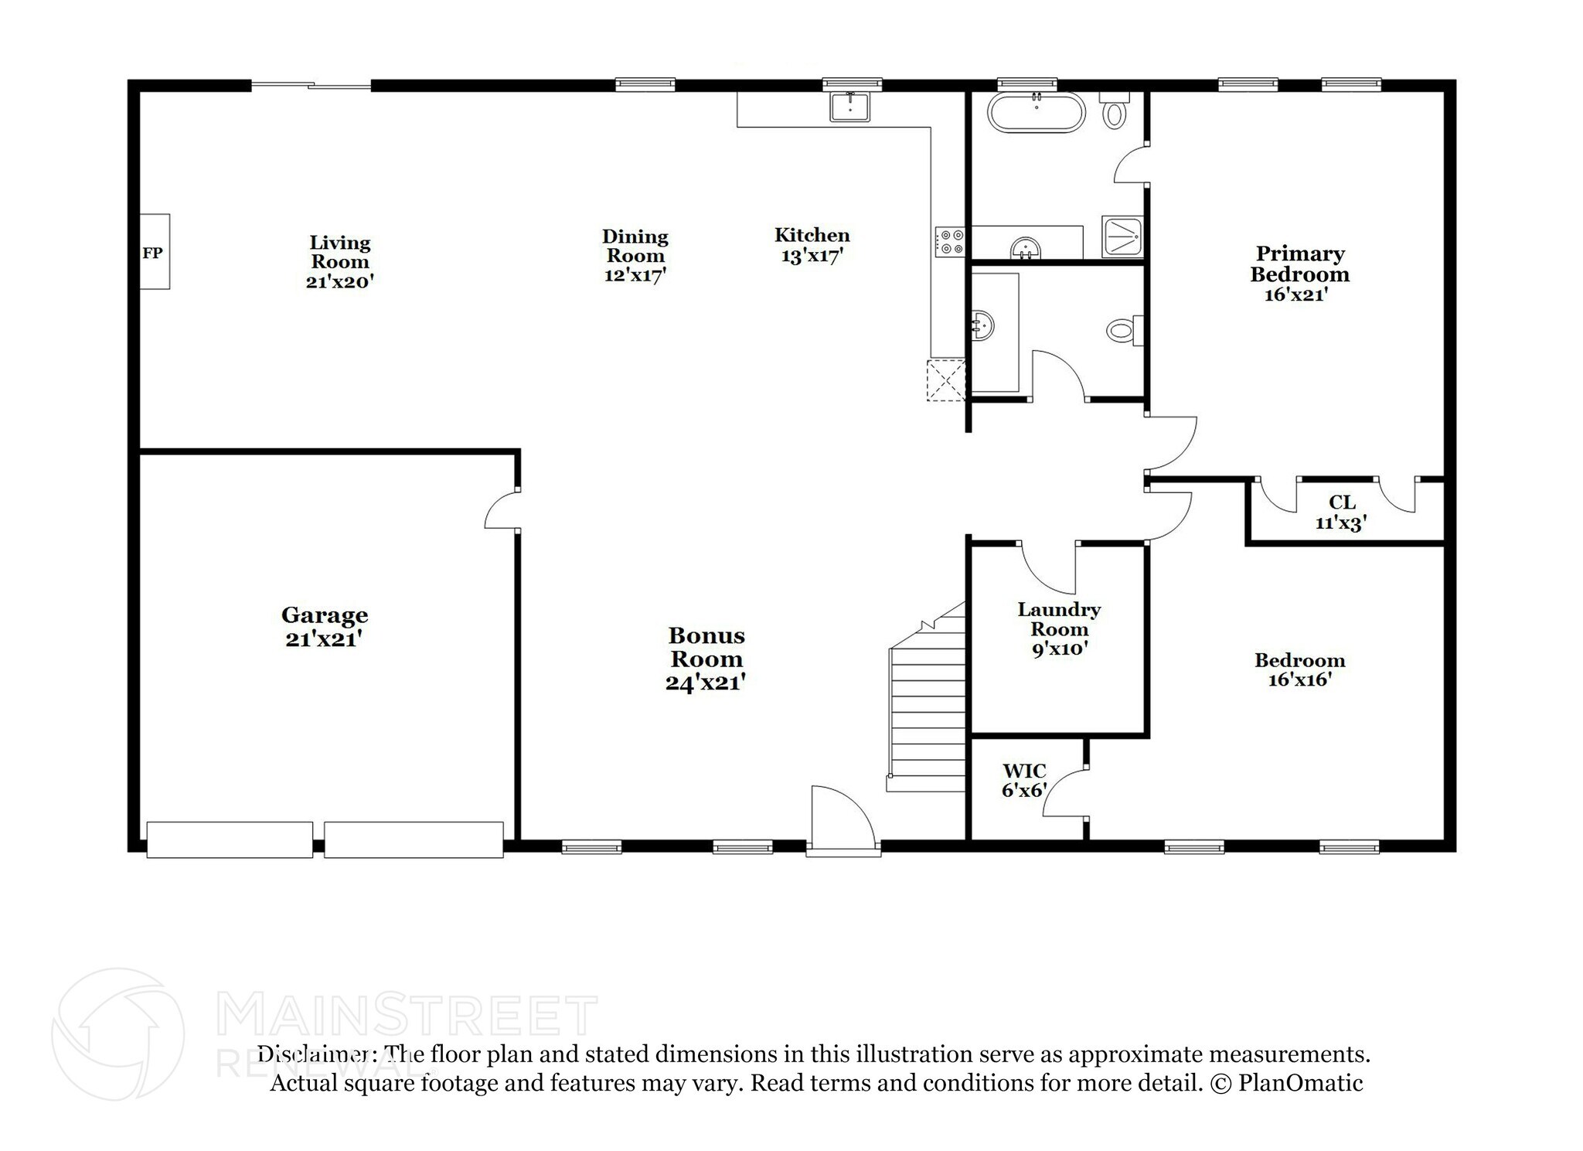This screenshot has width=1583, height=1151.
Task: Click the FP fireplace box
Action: tap(154, 252)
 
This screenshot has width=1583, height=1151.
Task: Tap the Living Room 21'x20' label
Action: tap(340, 262)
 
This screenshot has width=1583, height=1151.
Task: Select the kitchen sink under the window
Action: tap(849, 106)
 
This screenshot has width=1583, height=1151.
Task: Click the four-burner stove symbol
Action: tap(950, 241)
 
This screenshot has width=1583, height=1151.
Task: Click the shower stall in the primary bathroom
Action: tap(1122, 236)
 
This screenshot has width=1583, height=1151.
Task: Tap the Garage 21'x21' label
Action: tap(325, 627)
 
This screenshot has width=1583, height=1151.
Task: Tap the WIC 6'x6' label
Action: tap(1024, 781)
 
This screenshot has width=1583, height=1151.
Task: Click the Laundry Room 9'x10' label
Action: tap(1059, 628)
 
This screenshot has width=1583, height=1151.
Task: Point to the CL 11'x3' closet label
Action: tap(1342, 513)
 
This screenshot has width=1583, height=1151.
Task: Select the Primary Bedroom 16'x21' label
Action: tap(1299, 274)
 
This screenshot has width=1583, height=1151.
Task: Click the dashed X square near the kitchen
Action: tap(946, 380)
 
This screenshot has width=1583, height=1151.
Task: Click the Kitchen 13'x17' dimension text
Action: tap(812, 256)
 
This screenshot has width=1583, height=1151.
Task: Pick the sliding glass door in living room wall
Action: tap(311, 86)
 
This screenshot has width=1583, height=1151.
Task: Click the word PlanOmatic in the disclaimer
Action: tap(1300, 1083)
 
